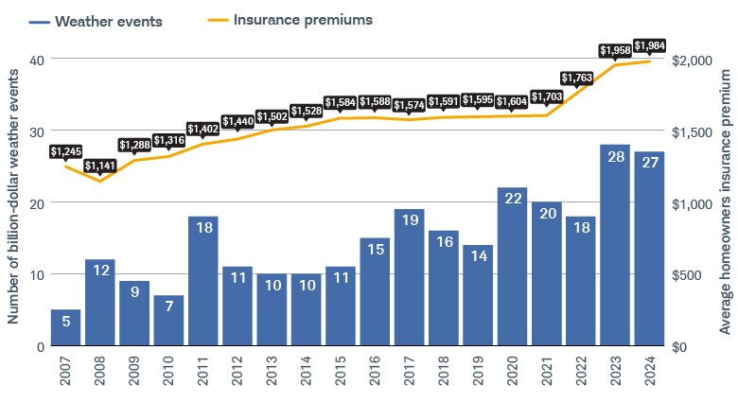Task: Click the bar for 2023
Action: pyautogui.click(x=615, y=246)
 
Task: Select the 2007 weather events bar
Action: pyautogui.click(x=65, y=327)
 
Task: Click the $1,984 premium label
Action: pyautogui.click(x=649, y=45)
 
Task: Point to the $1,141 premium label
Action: pyautogui.click(x=99, y=166)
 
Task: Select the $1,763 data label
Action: pyautogui.click(x=580, y=78)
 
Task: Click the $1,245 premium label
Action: pyautogui.click(x=65, y=150)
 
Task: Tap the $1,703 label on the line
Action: pyautogui.click(x=546, y=96)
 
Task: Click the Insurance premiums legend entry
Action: pyautogui.click(x=289, y=19)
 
